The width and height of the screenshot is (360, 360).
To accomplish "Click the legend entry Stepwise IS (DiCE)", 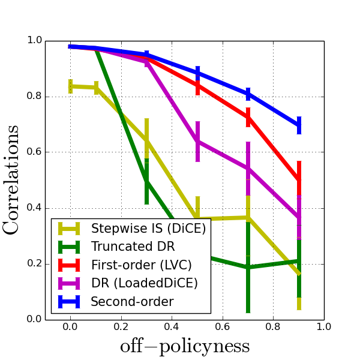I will point(148,229).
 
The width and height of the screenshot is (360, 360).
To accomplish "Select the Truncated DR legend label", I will point(133,247).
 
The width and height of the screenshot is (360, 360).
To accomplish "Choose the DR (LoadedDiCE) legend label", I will point(145,283).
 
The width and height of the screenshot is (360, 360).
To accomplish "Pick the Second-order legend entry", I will point(131,302).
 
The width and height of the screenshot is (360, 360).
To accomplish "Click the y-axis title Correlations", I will point(12,180).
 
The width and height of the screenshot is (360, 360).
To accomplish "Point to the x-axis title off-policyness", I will point(185,346).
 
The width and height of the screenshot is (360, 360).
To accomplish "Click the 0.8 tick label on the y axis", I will point(34,97).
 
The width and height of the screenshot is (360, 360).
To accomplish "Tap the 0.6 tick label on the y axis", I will point(34,152).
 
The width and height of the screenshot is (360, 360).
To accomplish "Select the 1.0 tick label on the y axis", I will point(34,41).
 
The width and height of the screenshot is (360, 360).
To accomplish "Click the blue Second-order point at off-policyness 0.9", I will point(299,125).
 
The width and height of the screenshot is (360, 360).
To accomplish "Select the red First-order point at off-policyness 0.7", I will point(248,116).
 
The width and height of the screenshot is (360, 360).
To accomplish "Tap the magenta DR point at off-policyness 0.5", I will point(197,141).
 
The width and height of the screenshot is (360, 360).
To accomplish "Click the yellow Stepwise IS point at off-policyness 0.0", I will point(70,86).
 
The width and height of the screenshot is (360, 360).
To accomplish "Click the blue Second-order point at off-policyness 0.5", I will point(197,73).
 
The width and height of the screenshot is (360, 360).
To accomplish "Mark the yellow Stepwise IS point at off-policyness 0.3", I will point(146,140).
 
